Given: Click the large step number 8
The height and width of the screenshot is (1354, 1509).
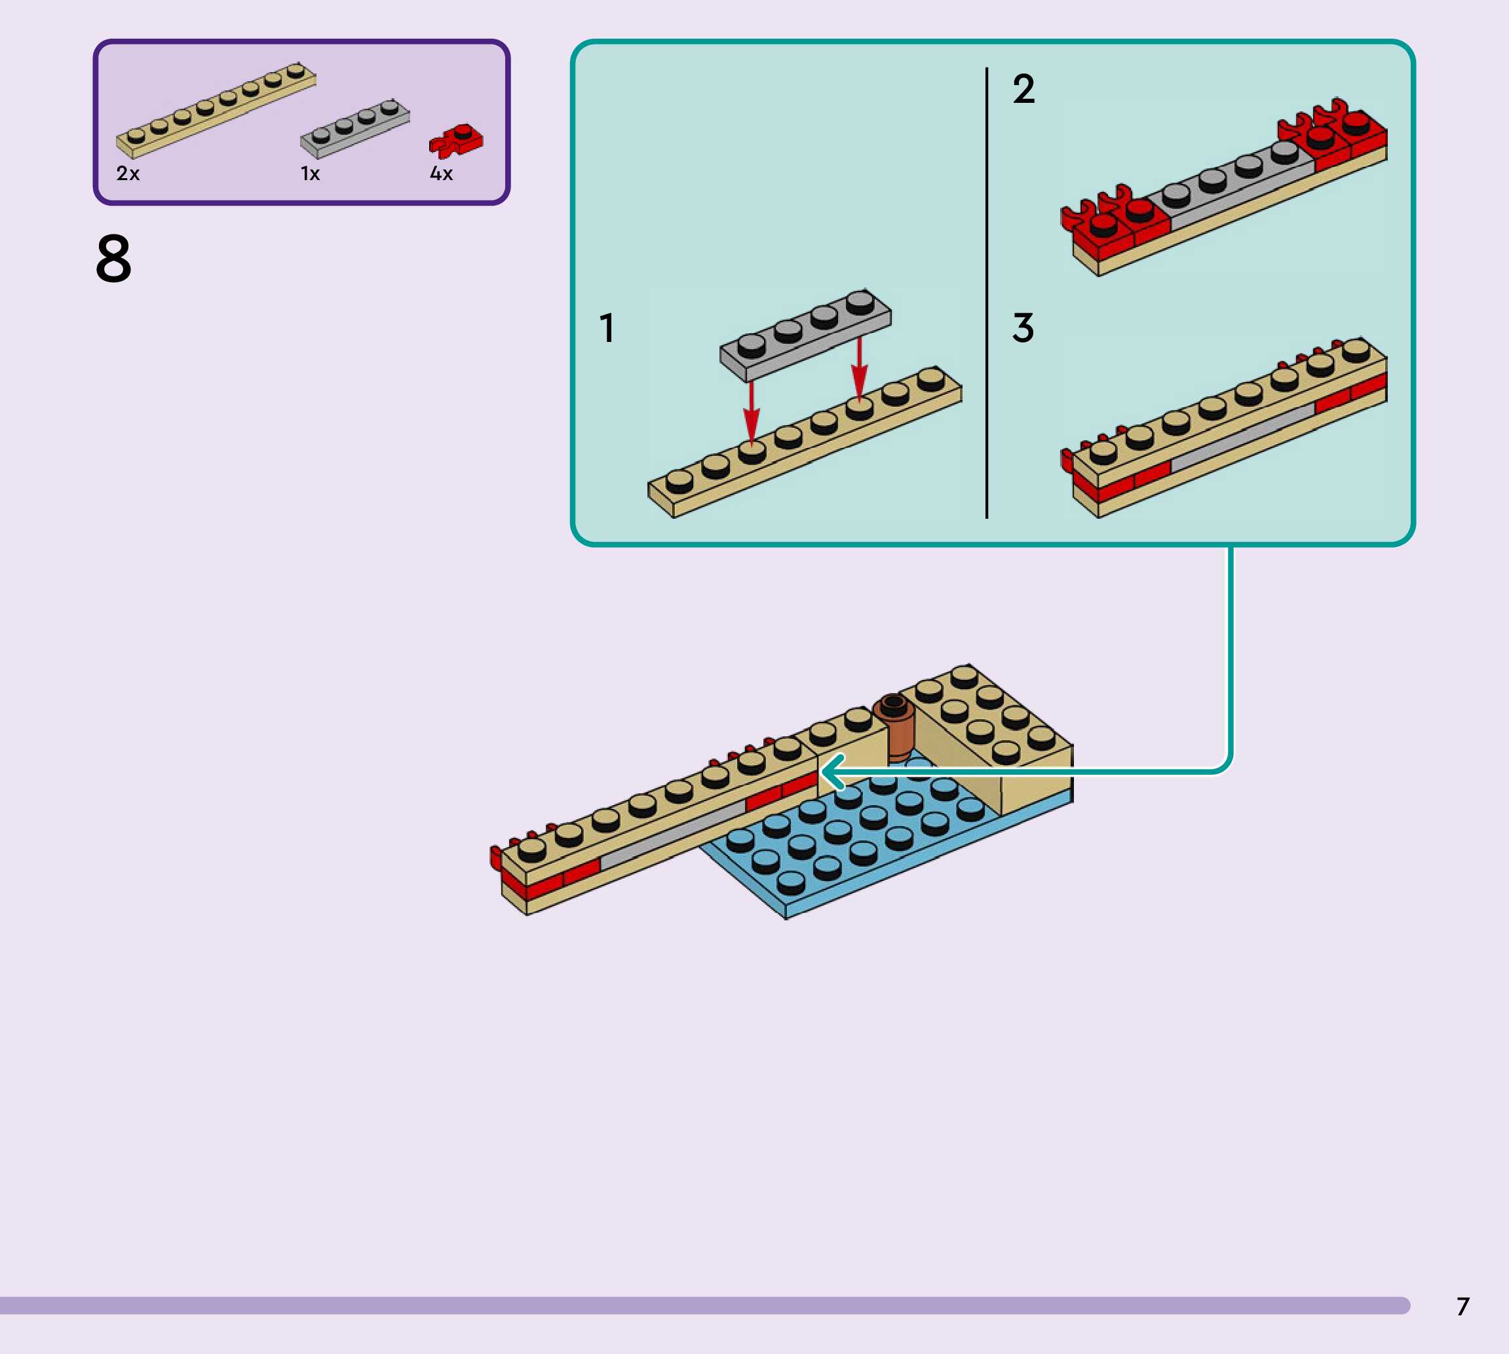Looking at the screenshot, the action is pyautogui.click(x=114, y=258).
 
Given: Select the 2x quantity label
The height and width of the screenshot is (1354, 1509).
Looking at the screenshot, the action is pyautogui.click(x=127, y=174).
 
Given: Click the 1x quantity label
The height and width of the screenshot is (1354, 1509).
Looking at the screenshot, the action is pyautogui.click(x=309, y=174).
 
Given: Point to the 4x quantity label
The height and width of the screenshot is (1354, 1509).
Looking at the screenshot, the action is pyautogui.click(x=440, y=174).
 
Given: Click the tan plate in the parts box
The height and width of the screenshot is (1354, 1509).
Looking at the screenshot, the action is pyautogui.click(x=216, y=111).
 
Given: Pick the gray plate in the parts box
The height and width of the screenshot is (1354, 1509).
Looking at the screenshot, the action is pyautogui.click(x=354, y=128).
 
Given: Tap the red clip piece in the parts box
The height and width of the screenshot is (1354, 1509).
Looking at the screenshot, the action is pyautogui.click(x=455, y=140).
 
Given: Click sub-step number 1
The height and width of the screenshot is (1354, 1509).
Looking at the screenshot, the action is pyautogui.click(x=607, y=328).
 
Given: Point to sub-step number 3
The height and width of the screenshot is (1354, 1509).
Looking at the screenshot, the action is pyautogui.click(x=1023, y=328).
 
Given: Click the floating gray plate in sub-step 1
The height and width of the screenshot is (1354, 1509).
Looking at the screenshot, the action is pyautogui.click(x=805, y=335).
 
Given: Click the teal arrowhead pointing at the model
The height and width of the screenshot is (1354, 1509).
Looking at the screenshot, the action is pyautogui.click(x=833, y=772).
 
